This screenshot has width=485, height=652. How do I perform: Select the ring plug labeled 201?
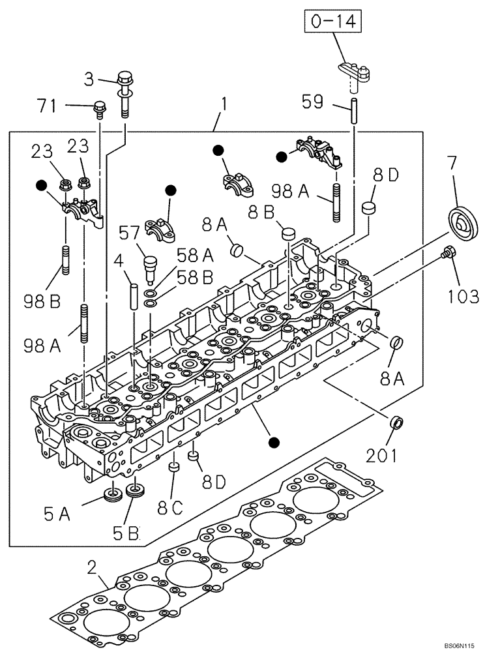pyautogui.click(x=395, y=422)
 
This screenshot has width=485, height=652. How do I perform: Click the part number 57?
pyautogui.click(x=129, y=233)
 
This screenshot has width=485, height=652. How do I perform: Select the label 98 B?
pyautogui.click(x=42, y=301)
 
